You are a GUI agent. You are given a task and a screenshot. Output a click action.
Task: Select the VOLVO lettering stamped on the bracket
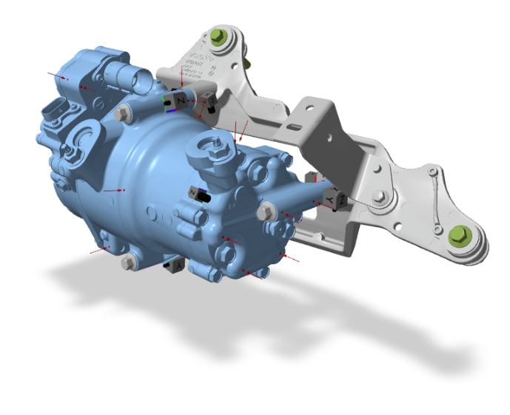coord(199,58)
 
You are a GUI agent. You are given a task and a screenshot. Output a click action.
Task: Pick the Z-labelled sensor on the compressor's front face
coord(196,194)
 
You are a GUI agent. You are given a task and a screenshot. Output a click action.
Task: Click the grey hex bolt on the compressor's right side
coord(265,213)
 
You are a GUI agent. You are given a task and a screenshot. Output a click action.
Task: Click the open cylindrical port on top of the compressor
coord(121,73)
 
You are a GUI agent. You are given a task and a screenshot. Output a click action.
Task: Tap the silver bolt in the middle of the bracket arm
coord(380,197)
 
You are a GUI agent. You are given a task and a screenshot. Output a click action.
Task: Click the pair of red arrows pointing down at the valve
coord(238,131)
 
